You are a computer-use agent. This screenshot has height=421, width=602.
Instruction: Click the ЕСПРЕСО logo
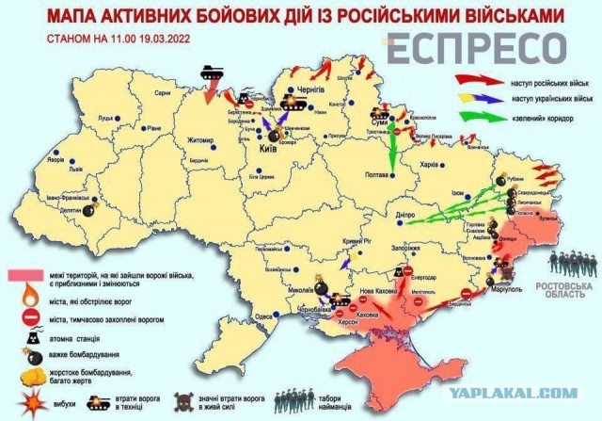479,47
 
